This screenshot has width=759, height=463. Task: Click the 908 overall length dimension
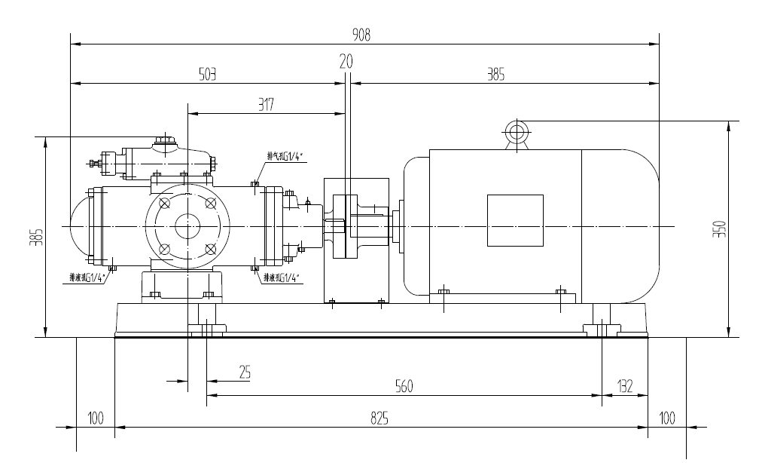[362, 35]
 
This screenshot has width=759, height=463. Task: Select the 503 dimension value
[207, 74]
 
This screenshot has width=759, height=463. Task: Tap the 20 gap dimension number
[346, 62]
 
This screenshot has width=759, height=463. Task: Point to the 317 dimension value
[265, 106]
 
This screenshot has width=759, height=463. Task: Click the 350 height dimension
[720, 228]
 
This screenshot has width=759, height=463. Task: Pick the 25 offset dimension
[244, 372]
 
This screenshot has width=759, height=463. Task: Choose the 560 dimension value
[404, 386]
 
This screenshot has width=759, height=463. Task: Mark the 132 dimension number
[624, 386]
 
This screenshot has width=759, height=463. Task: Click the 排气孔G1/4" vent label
[284, 157]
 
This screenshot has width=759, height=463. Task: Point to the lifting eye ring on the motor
[517, 133]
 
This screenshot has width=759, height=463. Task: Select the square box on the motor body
[515, 220]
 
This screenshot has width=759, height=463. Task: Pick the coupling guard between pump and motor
[355, 240]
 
